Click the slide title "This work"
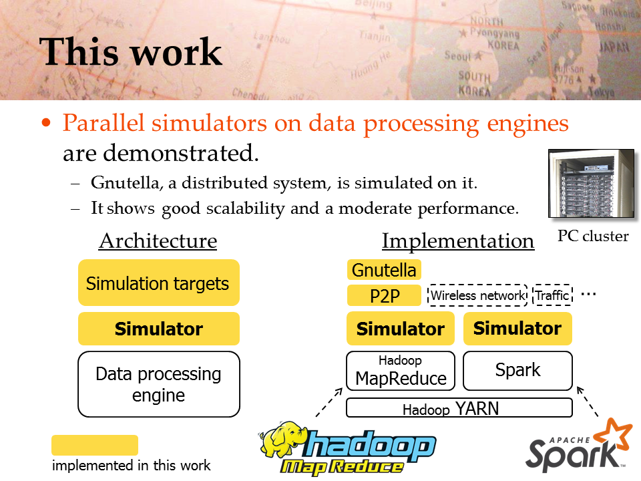click(130, 52)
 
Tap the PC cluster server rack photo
click(591, 183)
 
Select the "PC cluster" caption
click(593, 236)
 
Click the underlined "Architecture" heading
click(158, 240)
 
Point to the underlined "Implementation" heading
click(458, 241)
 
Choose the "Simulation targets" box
click(159, 283)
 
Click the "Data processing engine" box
click(159, 384)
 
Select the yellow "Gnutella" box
click(384, 270)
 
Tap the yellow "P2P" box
click(384, 295)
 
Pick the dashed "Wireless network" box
click(477, 295)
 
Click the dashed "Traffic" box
click(553, 295)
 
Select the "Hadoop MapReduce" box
click(401, 371)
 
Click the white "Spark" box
click(517, 371)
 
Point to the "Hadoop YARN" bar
click(459, 408)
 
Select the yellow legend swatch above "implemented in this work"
click(95, 445)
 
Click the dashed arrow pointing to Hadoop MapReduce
click(329, 402)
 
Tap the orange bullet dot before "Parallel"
click(46, 122)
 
